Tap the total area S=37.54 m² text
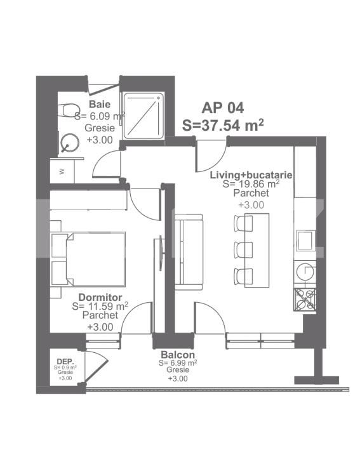tap(223, 124)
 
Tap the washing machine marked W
tap(62, 171)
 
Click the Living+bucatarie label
tap(251, 174)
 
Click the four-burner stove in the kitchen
tap(305, 298)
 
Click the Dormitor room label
tap(100, 296)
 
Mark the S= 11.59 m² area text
tap(100, 305)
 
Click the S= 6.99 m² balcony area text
tap(178, 362)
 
